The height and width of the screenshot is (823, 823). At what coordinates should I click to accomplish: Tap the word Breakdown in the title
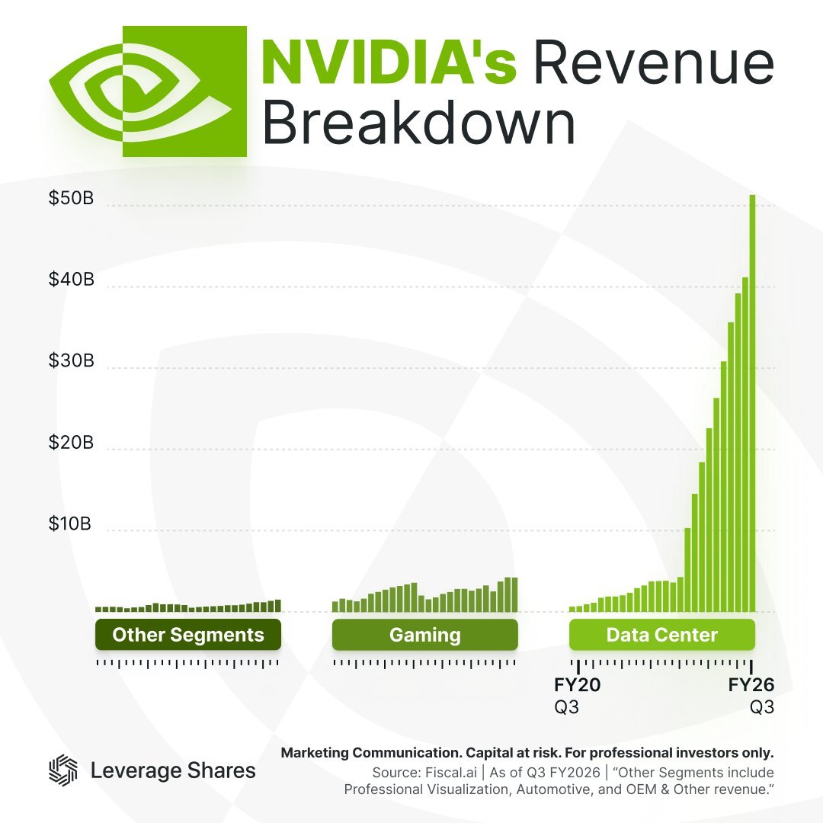418,123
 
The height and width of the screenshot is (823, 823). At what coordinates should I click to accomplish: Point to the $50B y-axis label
71,199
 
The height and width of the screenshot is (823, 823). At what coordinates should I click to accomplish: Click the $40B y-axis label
71,280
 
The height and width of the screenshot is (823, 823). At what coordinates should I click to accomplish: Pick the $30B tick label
71,361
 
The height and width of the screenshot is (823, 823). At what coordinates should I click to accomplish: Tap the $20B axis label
71,443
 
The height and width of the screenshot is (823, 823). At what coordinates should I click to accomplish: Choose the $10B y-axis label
71,524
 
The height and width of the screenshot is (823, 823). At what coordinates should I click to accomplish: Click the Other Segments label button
188,635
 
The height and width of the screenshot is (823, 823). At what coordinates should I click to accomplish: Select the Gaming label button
425,635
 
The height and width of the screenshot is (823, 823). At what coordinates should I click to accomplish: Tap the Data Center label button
662,635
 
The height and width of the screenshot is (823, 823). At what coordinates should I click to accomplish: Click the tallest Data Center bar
752,404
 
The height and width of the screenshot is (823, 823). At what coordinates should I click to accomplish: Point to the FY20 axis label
577,684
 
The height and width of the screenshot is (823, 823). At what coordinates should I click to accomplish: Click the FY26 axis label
751,684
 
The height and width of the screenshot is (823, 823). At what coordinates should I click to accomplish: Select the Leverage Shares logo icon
63,770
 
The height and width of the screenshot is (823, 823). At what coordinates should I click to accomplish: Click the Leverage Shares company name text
173,770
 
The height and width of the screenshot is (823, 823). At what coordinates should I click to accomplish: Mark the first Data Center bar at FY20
572,608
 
